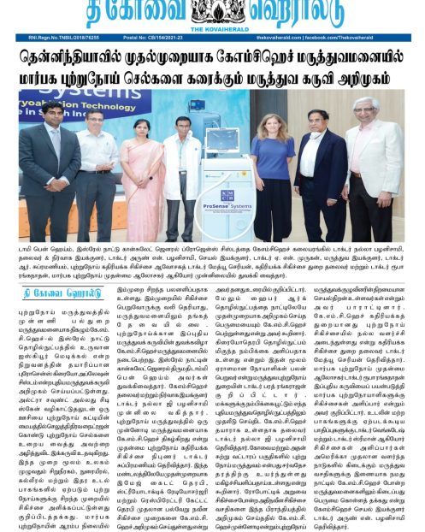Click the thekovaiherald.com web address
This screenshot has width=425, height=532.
(x=298, y=38)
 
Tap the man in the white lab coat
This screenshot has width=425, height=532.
(x=94, y=171)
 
